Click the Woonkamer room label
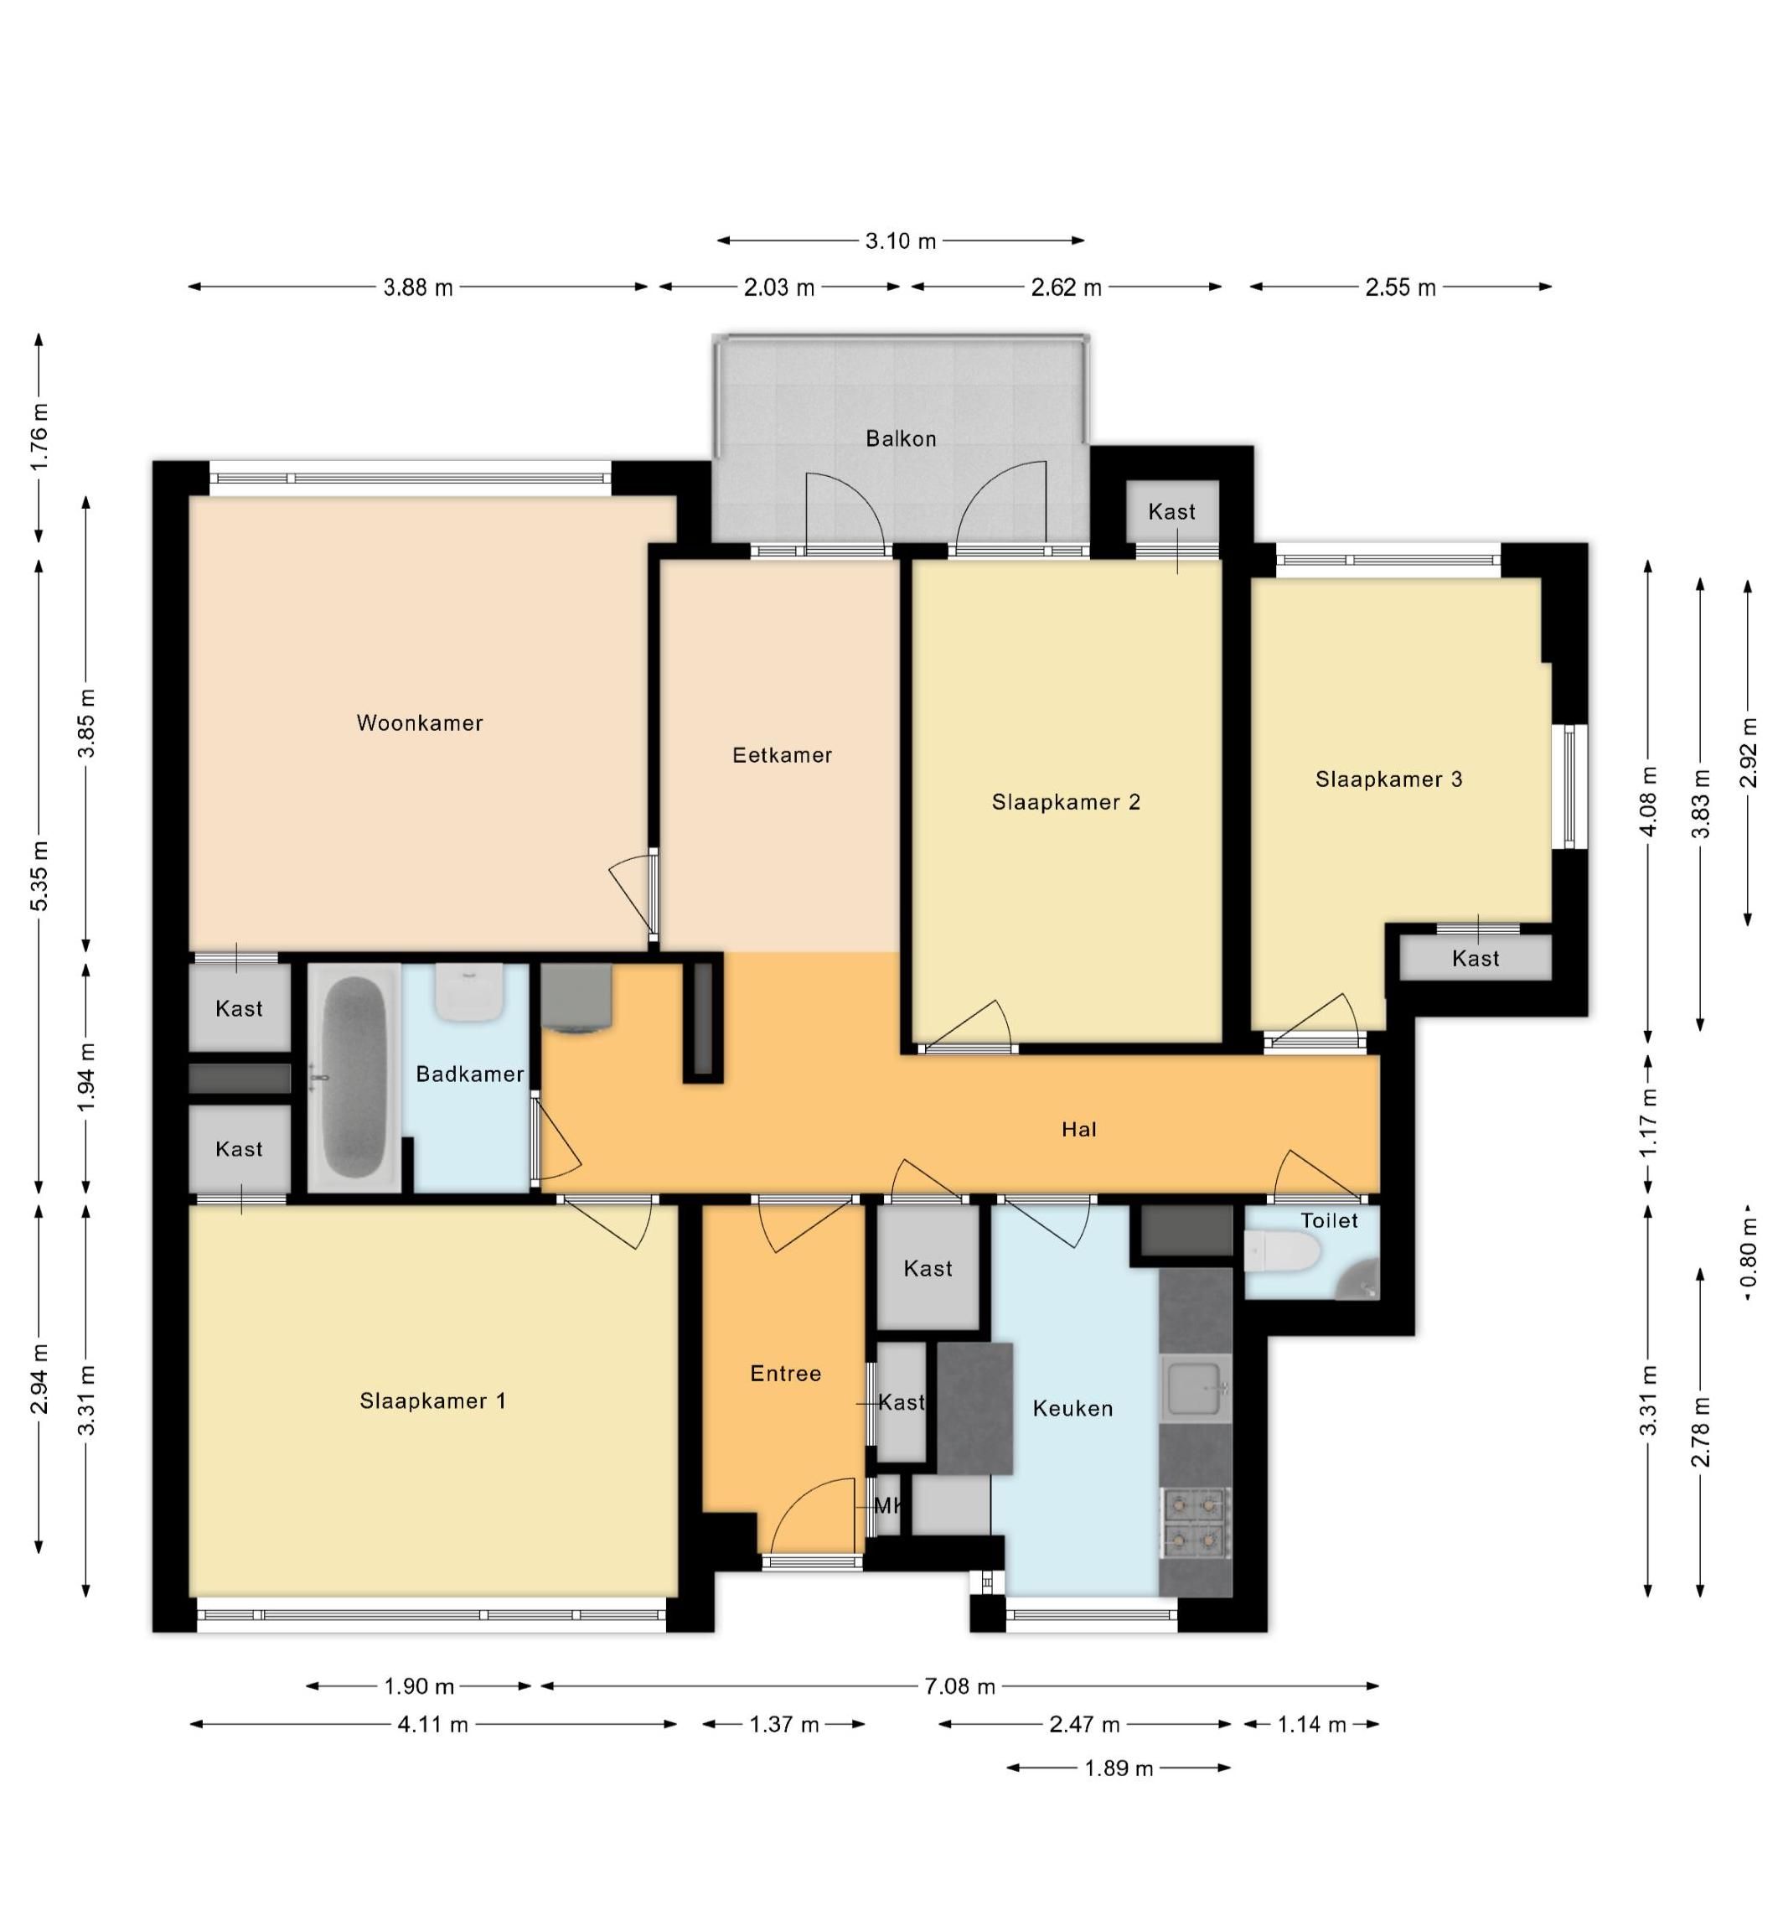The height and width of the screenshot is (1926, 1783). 420,722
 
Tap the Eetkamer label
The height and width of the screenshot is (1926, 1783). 782,754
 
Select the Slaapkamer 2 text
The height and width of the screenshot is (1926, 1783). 1066,802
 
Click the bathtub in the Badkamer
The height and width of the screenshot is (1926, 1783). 354,1077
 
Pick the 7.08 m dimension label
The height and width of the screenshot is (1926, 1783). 960,1685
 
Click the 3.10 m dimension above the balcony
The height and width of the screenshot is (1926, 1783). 900,241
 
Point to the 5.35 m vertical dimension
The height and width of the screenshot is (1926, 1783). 39,876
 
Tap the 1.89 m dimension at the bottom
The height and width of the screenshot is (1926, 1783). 1119,1768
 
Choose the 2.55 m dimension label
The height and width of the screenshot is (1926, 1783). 1401,287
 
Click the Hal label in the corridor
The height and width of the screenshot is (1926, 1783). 1078,1129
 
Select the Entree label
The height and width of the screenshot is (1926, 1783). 785,1373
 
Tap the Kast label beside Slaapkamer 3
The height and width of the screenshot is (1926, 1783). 1475,958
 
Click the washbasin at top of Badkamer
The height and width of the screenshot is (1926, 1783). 469,992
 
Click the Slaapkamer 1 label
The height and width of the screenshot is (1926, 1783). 432,1401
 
